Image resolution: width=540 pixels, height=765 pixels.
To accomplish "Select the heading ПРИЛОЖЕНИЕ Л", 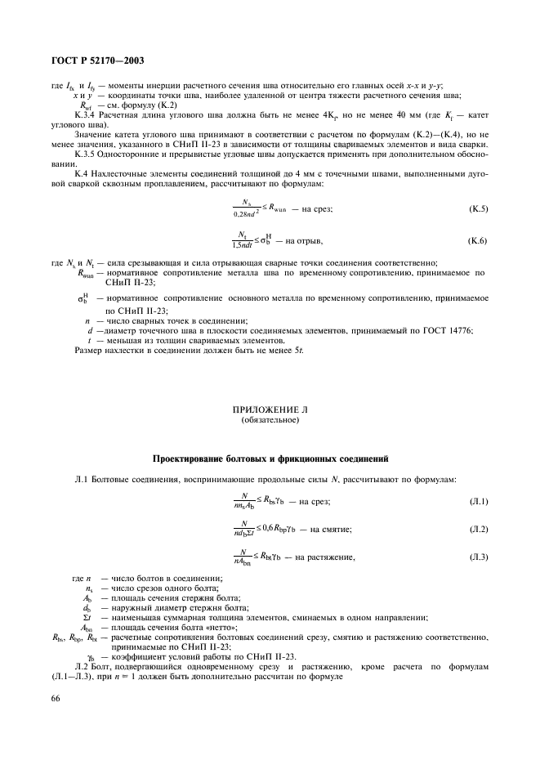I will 270,408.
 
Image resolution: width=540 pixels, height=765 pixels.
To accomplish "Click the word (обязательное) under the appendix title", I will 270,420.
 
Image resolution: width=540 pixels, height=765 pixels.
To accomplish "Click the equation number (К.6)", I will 478,242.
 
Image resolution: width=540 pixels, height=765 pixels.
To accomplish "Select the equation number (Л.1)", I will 478,500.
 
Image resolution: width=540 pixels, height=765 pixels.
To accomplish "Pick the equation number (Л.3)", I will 478,558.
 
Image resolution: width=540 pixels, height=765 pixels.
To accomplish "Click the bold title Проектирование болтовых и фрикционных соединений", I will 270,458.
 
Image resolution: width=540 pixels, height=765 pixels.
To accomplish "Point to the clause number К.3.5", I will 86,154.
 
